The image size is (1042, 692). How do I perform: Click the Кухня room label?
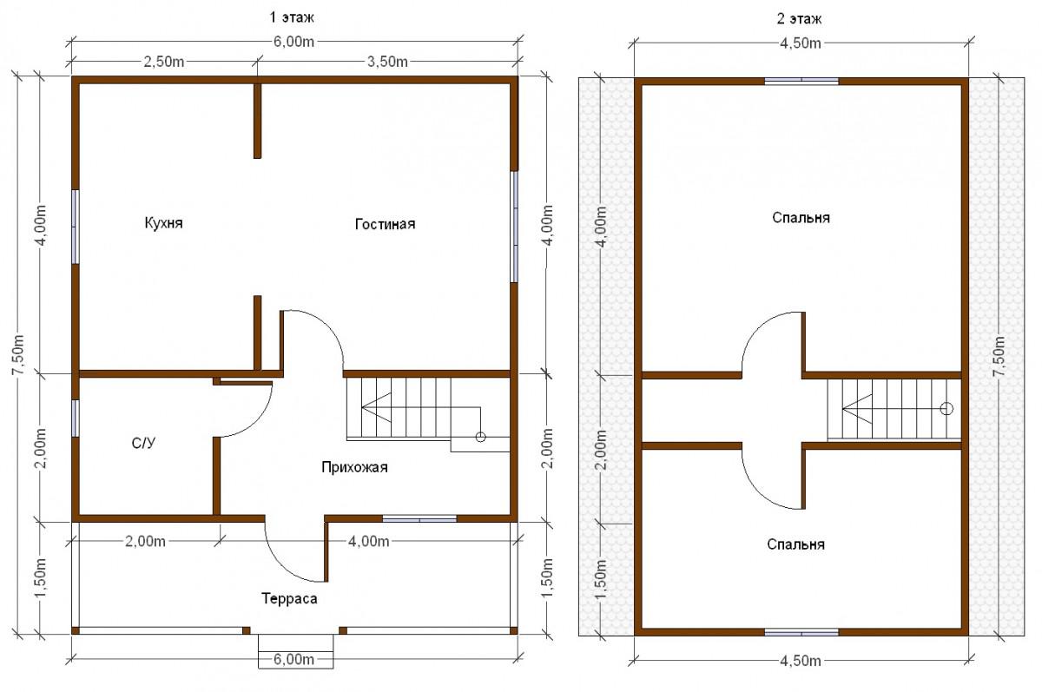pyautogui.click(x=164, y=223)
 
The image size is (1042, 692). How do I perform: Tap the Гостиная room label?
pyautogui.click(x=385, y=224)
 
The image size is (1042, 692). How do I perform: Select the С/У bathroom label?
pyautogui.click(x=143, y=443)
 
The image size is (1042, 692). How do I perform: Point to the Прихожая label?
pyautogui.click(x=354, y=467)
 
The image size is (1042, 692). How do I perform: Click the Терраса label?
pyautogui.click(x=289, y=598)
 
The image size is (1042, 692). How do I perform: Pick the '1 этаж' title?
pyautogui.click(x=292, y=17)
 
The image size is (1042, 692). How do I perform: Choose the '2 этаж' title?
pyautogui.click(x=799, y=19)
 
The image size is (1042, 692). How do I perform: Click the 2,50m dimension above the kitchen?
pyautogui.click(x=164, y=62)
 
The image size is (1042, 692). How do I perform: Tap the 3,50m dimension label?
pyautogui.click(x=387, y=62)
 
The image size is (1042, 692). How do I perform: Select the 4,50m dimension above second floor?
pyautogui.click(x=800, y=43)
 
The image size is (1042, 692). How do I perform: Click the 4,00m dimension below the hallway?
pyautogui.click(x=368, y=541)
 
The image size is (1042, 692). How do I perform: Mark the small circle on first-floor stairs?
pyautogui.click(x=480, y=437)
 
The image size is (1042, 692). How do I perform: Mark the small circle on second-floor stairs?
pyautogui.click(x=946, y=409)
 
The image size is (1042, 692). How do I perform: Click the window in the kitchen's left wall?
pyautogui.click(x=76, y=227)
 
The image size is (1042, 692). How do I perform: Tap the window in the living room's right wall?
pyautogui.click(x=514, y=227)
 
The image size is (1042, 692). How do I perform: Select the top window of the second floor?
pyautogui.click(x=801, y=82)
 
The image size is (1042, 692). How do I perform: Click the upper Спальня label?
pyautogui.click(x=801, y=218)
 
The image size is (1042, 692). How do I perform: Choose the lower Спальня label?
pyautogui.click(x=796, y=544)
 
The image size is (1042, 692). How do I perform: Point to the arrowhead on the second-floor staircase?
pyautogui.click(x=856, y=409)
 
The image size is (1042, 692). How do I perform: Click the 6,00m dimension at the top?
pyautogui.click(x=293, y=42)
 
